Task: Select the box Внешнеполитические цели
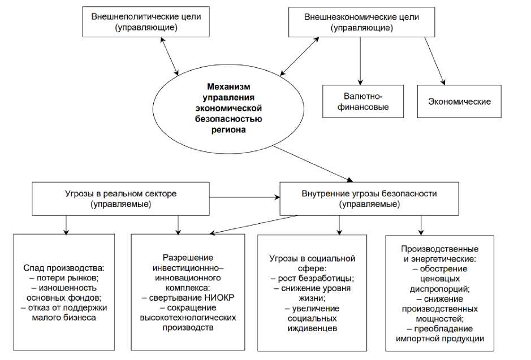[146, 22]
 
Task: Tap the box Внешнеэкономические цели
[361, 22]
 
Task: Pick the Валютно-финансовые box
[362, 101]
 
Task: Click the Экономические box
[459, 102]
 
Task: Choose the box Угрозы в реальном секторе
[120, 198]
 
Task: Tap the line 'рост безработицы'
[312, 278]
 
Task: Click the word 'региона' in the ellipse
[228, 129]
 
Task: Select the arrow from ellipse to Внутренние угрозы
[317, 163]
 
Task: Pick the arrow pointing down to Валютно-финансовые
[360, 62]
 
